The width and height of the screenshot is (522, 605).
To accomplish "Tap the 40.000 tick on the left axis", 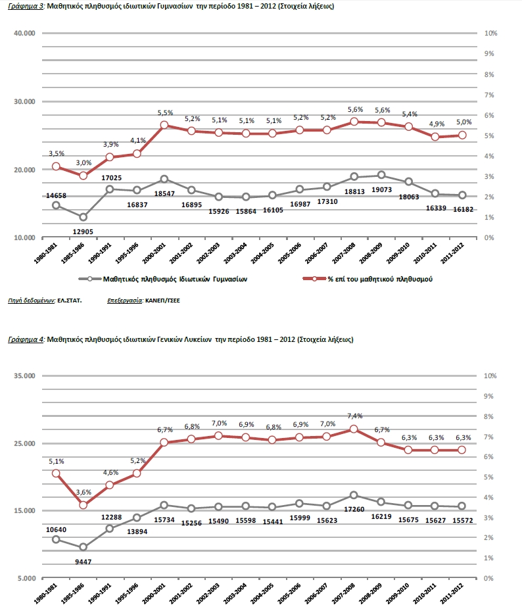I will (26, 33).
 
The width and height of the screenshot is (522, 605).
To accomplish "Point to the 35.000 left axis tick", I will (26, 376).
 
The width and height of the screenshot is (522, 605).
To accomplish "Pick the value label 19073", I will (381, 189).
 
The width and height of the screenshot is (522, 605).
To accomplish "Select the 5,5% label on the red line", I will (164, 113).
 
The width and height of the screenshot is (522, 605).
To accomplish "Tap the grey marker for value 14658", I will (57, 205).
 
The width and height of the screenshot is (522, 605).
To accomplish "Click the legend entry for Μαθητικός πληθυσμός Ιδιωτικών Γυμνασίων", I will (170, 279).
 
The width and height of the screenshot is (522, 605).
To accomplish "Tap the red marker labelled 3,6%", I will (83, 505).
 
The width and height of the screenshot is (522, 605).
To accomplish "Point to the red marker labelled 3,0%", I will (83, 176).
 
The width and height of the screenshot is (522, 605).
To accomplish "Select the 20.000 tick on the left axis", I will (26, 170).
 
